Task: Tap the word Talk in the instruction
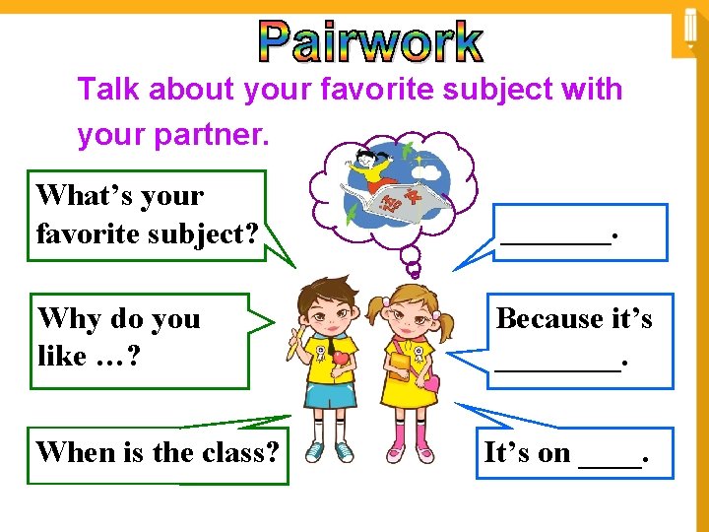point(108,90)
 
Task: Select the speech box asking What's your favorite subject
point(148,215)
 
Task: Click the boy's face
point(328,307)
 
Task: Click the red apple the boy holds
point(338,362)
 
